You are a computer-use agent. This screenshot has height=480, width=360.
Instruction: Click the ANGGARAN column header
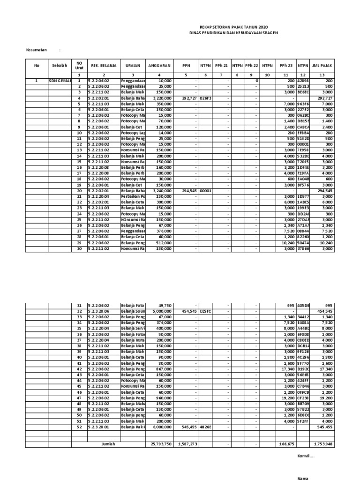click(160, 66)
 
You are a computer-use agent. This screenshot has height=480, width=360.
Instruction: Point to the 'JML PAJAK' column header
click(322, 66)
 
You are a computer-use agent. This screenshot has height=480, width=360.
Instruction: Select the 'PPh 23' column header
click(285, 66)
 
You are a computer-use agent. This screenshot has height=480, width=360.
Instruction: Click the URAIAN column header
click(133, 66)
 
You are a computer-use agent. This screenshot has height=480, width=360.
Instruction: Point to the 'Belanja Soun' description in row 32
click(133, 311)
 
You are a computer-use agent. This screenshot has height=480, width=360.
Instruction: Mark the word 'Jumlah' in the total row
click(108, 444)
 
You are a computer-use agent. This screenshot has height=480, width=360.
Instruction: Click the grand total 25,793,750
click(160, 444)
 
